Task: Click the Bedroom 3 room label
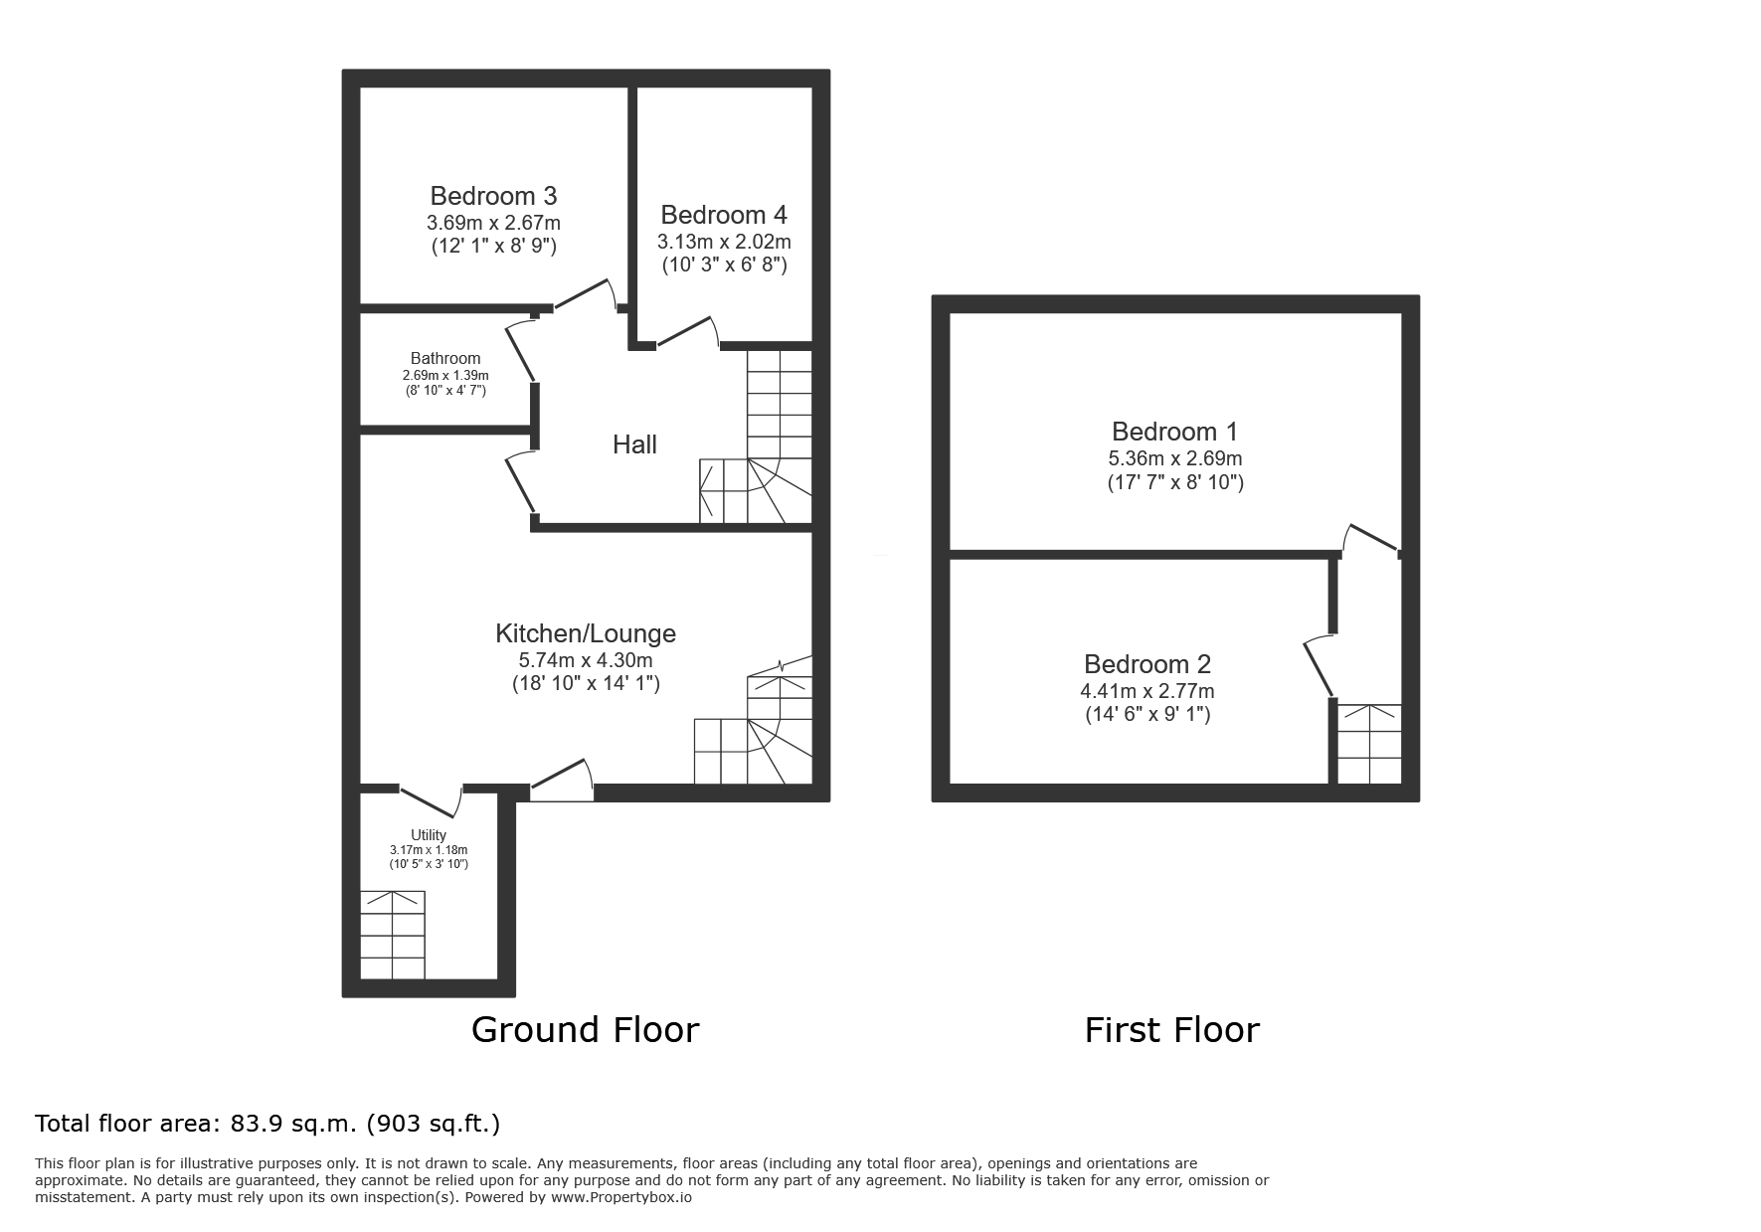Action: (x=493, y=196)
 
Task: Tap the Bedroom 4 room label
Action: (x=724, y=215)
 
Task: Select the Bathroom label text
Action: (x=445, y=358)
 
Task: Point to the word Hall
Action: (x=634, y=444)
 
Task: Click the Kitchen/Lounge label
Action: (x=586, y=633)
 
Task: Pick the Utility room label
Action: (x=429, y=835)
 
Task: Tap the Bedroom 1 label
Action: (x=1175, y=432)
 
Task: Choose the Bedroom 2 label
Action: (x=1147, y=664)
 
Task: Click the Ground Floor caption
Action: (x=585, y=1029)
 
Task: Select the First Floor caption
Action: (x=1171, y=1029)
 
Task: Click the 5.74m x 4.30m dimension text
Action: (x=586, y=660)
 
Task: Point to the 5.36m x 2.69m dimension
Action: (x=1175, y=459)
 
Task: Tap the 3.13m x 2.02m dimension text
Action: (x=724, y=242)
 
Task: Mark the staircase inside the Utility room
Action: (x=393, y=935)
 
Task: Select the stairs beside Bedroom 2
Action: (x=1369, y=744)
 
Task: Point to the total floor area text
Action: (x=267, y=1124)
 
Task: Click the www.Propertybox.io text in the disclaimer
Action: (x=621, y=1198)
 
